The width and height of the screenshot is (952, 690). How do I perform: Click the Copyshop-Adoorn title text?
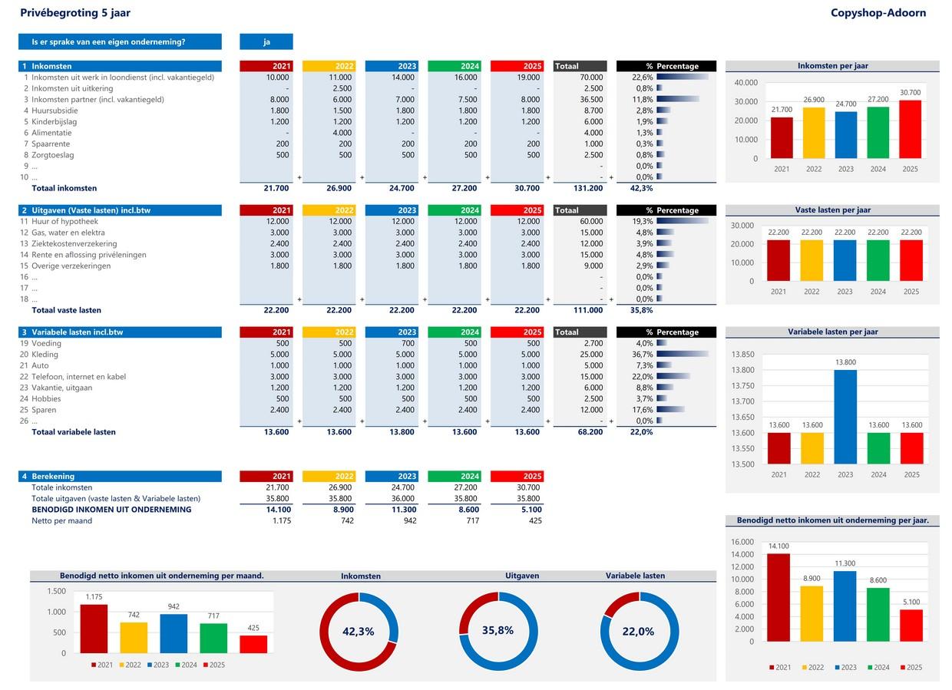pos(878,13)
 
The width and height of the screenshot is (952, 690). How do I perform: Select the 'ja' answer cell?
pos(266,41)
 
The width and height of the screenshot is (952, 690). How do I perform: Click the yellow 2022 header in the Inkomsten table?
pos(329,66)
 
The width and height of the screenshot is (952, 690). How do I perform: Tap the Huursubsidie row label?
pos(55,111)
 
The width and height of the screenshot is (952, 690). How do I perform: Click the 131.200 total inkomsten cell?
pos(587,188)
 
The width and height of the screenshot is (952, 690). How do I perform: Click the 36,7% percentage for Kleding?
pos(642,355)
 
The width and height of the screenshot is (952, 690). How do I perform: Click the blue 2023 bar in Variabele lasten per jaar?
pos(845,417)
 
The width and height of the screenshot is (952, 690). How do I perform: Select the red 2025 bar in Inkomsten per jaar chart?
pos(910,129)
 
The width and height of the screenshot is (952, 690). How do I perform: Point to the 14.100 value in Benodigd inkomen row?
pos(277,510)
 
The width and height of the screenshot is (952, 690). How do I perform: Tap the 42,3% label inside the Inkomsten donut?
pos(358,632)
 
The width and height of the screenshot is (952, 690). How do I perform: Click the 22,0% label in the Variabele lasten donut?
pos(638,632)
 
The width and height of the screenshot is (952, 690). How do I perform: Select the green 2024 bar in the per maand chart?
pos(213,638)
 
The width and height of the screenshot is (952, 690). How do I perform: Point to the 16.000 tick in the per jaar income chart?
pos(742,542)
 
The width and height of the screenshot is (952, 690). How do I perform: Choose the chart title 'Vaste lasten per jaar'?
pos(832,210)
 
